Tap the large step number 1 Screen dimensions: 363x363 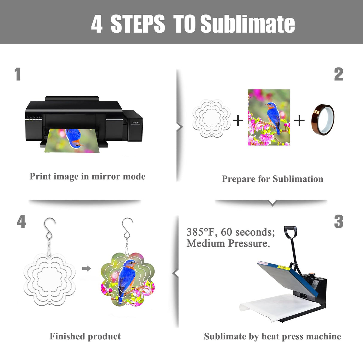[x=18, y=74]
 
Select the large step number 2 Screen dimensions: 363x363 [x=338, y=74]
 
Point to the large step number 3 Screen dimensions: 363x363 [x=338, y=222]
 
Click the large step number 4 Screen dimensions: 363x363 [x=22, y=221]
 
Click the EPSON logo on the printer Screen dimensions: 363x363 [x=135, y=123]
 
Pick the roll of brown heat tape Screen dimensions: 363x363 [x=323, y=120]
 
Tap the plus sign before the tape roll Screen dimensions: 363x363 [x=299, y=121]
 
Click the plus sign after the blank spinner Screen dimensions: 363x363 [x=238, y=121]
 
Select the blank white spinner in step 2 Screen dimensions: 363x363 [x=211, y=118]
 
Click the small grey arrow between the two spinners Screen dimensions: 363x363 [x=87, y=269]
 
